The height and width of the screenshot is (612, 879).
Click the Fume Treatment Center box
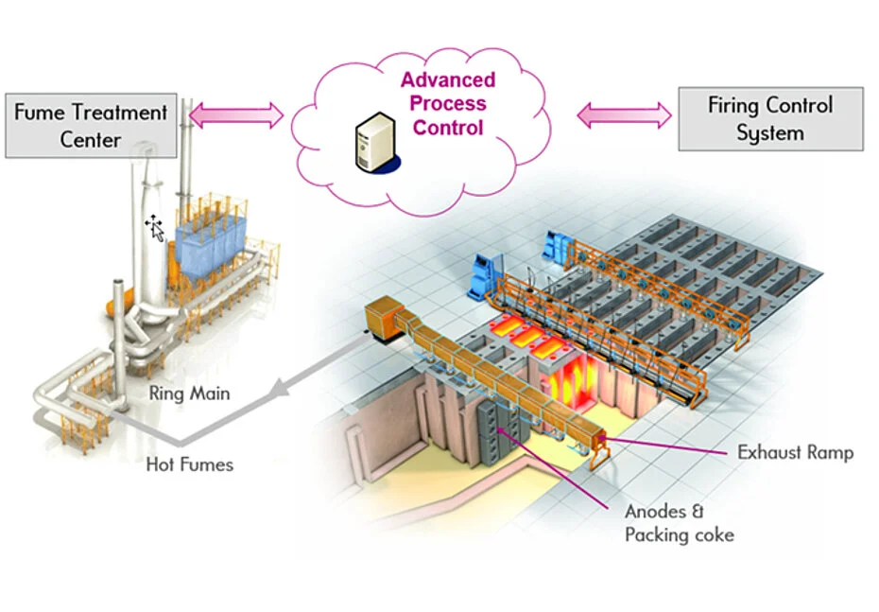[91, 126]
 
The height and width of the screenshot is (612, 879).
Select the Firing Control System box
[771, 119]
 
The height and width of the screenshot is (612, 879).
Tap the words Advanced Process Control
[448, 104]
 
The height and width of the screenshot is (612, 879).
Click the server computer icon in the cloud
[377, 143]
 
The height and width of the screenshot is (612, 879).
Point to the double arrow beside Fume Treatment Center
[236, 115]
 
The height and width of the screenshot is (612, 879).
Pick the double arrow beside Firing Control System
[624, 115]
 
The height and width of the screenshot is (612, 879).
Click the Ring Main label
[189, 393]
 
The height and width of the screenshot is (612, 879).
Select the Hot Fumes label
[189, 464]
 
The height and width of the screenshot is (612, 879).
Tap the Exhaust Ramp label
[796, 452]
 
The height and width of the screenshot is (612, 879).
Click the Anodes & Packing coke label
[680, 523]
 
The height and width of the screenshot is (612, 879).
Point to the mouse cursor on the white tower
[154, 228]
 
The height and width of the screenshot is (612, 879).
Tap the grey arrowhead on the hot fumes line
[278, 390]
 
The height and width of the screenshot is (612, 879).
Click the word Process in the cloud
[448, 104]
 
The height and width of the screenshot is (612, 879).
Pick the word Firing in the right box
[733, 106]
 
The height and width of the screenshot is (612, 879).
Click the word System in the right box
[770, 134]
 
